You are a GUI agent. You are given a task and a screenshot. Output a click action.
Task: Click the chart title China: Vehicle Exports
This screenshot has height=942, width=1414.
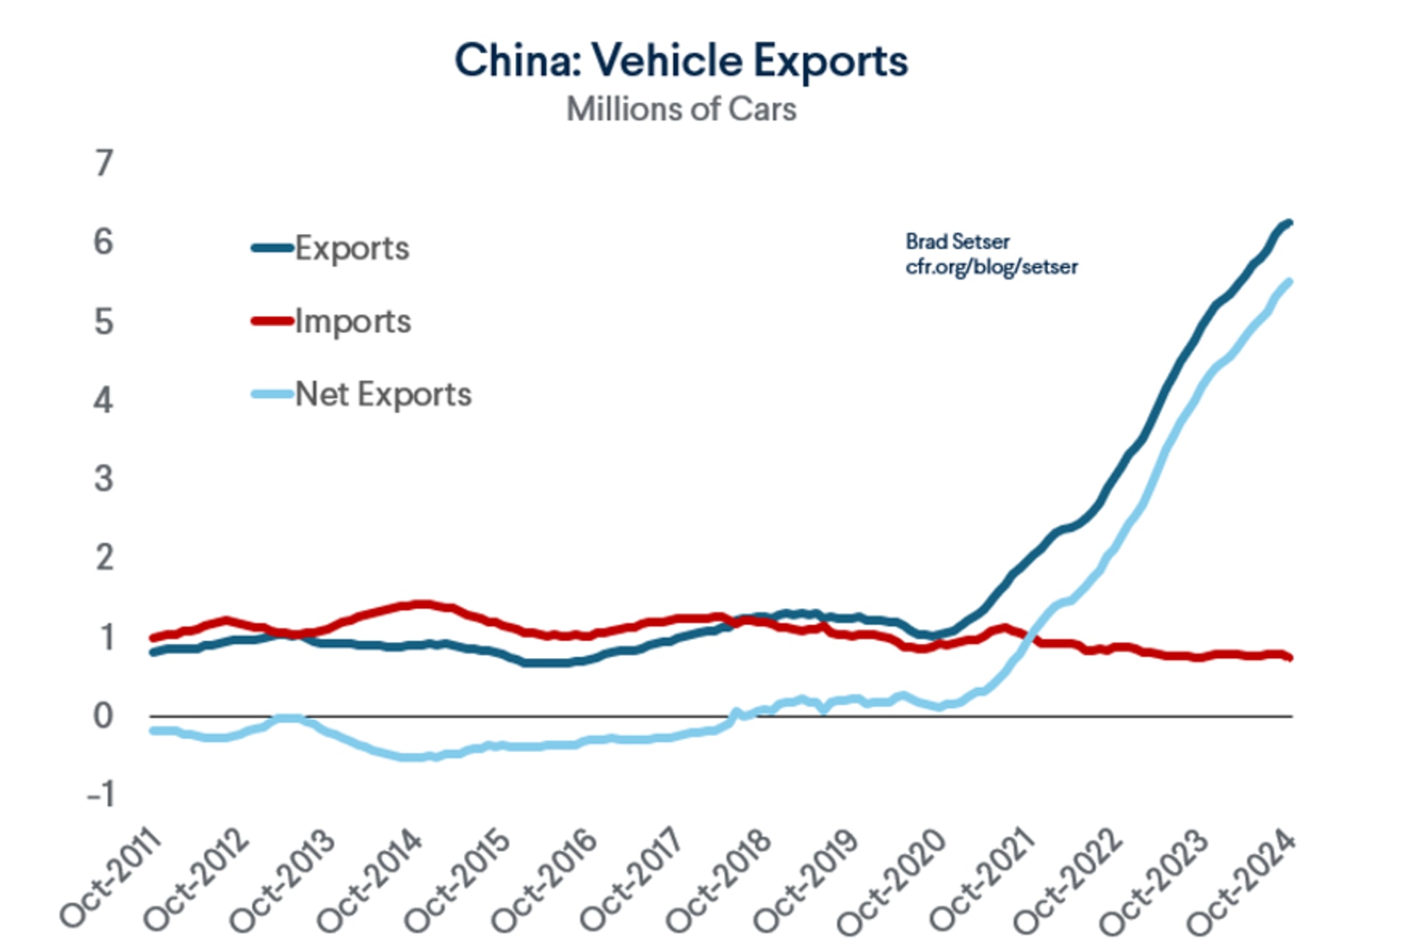click(681, 60)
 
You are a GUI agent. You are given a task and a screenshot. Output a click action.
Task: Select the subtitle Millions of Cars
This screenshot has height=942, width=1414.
click(681, 110)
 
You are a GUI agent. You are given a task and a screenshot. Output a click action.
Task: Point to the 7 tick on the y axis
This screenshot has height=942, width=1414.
click(104, 163)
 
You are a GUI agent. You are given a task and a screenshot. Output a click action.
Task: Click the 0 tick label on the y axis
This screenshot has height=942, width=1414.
click(103, 715)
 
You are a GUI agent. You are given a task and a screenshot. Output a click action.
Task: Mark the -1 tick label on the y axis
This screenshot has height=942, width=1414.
click(101, 795)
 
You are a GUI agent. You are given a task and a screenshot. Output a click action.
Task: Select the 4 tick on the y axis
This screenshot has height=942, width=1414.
click(104, 400)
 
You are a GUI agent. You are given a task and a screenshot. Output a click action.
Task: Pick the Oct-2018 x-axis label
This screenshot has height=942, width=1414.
click(719, 879)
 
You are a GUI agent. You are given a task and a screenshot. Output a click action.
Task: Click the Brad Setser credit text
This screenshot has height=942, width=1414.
click(957, 241)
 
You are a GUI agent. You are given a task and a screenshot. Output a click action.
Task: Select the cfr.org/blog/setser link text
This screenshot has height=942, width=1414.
click(991, 266)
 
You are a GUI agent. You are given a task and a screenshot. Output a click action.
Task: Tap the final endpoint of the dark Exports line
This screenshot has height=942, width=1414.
click(1290, 223)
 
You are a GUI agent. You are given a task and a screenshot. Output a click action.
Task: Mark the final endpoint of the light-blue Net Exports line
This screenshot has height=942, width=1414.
click(1290, 281)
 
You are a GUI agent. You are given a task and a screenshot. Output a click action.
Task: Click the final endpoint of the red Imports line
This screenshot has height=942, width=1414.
click(1290, 657)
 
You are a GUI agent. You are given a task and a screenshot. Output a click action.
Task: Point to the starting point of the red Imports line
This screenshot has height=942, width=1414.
click(152, 638)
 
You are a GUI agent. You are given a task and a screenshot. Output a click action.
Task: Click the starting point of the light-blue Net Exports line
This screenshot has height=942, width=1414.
click(152, 730)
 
